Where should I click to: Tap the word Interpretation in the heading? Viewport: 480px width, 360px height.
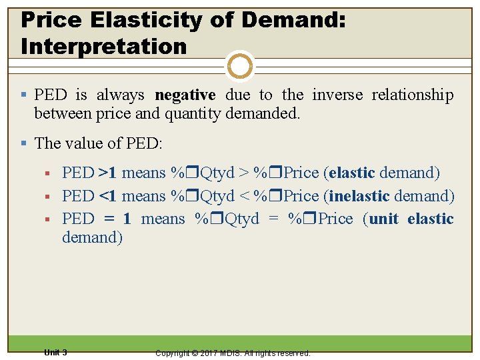[x=104, y=46]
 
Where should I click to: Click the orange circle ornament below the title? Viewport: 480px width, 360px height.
[x=239, y=67]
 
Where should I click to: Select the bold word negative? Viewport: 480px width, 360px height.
[x=185, y=95]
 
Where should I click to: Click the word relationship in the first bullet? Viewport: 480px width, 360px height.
[x=412, y=95]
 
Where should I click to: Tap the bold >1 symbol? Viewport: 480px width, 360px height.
[x=107, y=173]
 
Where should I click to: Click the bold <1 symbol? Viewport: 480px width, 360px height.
[x=107, y=196]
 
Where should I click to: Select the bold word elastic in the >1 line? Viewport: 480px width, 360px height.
[x=351, y=173]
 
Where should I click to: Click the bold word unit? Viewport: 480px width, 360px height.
[x=383, y=219]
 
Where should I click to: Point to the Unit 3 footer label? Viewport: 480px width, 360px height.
[x=55, y=352]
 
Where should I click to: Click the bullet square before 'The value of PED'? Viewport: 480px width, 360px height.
[x=25, y=143]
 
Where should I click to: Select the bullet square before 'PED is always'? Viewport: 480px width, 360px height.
[x=25, y=95]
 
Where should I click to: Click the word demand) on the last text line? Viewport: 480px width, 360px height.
[x=92, y=237]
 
